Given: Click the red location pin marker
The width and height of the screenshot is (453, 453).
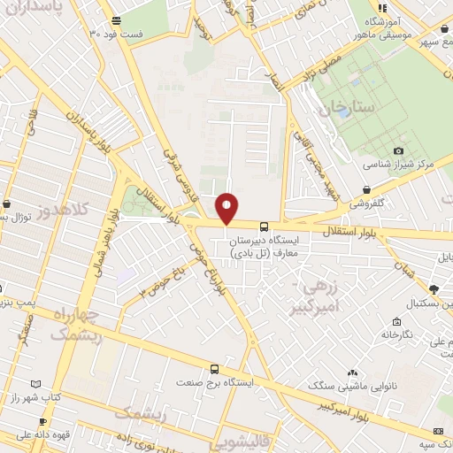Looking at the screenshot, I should (227, 208).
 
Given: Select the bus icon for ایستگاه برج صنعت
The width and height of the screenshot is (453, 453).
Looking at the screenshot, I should (213, 368).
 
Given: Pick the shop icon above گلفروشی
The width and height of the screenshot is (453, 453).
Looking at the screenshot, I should (366, 188).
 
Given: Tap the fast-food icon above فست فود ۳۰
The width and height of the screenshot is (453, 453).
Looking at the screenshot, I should (117, 20).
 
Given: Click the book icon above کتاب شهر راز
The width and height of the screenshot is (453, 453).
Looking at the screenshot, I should (35, 383).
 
